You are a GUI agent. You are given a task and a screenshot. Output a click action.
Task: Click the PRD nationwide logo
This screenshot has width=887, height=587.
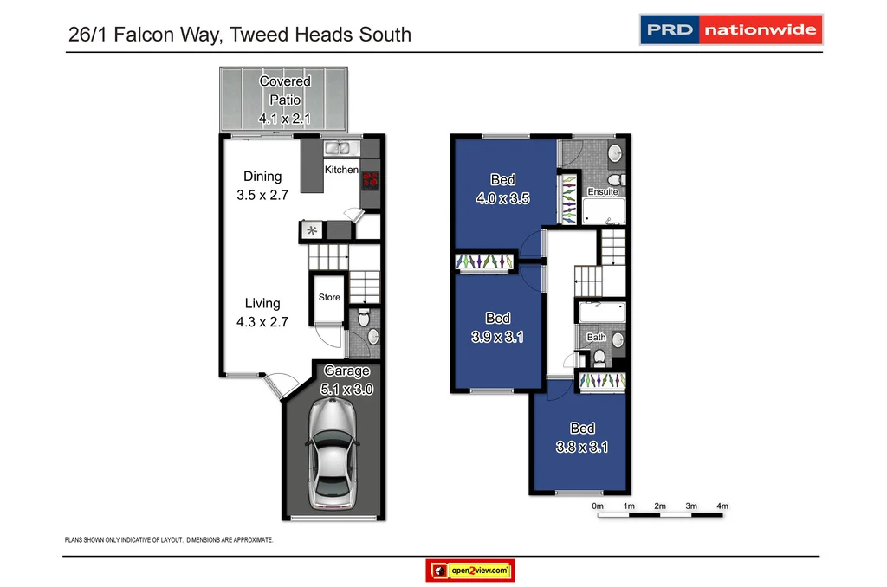730,29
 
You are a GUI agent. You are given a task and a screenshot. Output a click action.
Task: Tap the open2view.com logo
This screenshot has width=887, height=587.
470,571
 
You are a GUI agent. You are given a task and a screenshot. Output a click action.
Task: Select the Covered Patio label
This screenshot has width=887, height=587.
285,100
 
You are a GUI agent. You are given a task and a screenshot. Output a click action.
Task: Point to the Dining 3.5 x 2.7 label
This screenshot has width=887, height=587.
262,186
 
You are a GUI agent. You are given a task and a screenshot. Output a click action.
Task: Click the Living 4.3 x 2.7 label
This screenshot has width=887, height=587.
262,313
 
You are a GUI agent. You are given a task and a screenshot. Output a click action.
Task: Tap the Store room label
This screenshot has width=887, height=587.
329,297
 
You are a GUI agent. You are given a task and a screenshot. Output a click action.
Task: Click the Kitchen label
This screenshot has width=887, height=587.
341,170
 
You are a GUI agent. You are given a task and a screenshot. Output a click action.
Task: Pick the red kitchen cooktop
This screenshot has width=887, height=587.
371,180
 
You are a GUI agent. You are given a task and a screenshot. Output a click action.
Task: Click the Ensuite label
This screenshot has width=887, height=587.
603,191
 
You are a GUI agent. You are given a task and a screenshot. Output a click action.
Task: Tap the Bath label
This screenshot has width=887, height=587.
596,337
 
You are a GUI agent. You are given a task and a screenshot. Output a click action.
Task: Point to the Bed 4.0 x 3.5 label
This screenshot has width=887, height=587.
503,189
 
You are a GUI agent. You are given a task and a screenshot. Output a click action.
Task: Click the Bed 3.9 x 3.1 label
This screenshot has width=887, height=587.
498,327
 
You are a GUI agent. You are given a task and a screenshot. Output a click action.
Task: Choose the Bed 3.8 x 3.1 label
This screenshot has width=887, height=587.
582,437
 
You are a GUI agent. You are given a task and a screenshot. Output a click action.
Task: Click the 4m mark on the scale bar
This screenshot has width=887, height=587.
722,506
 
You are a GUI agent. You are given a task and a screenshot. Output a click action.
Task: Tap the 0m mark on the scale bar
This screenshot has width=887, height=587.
598,506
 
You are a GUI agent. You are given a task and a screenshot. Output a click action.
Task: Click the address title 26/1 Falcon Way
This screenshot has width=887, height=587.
239,35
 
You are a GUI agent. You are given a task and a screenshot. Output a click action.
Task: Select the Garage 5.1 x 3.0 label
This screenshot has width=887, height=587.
346,380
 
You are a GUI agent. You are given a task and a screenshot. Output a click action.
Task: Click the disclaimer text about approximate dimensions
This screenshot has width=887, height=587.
170,539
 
